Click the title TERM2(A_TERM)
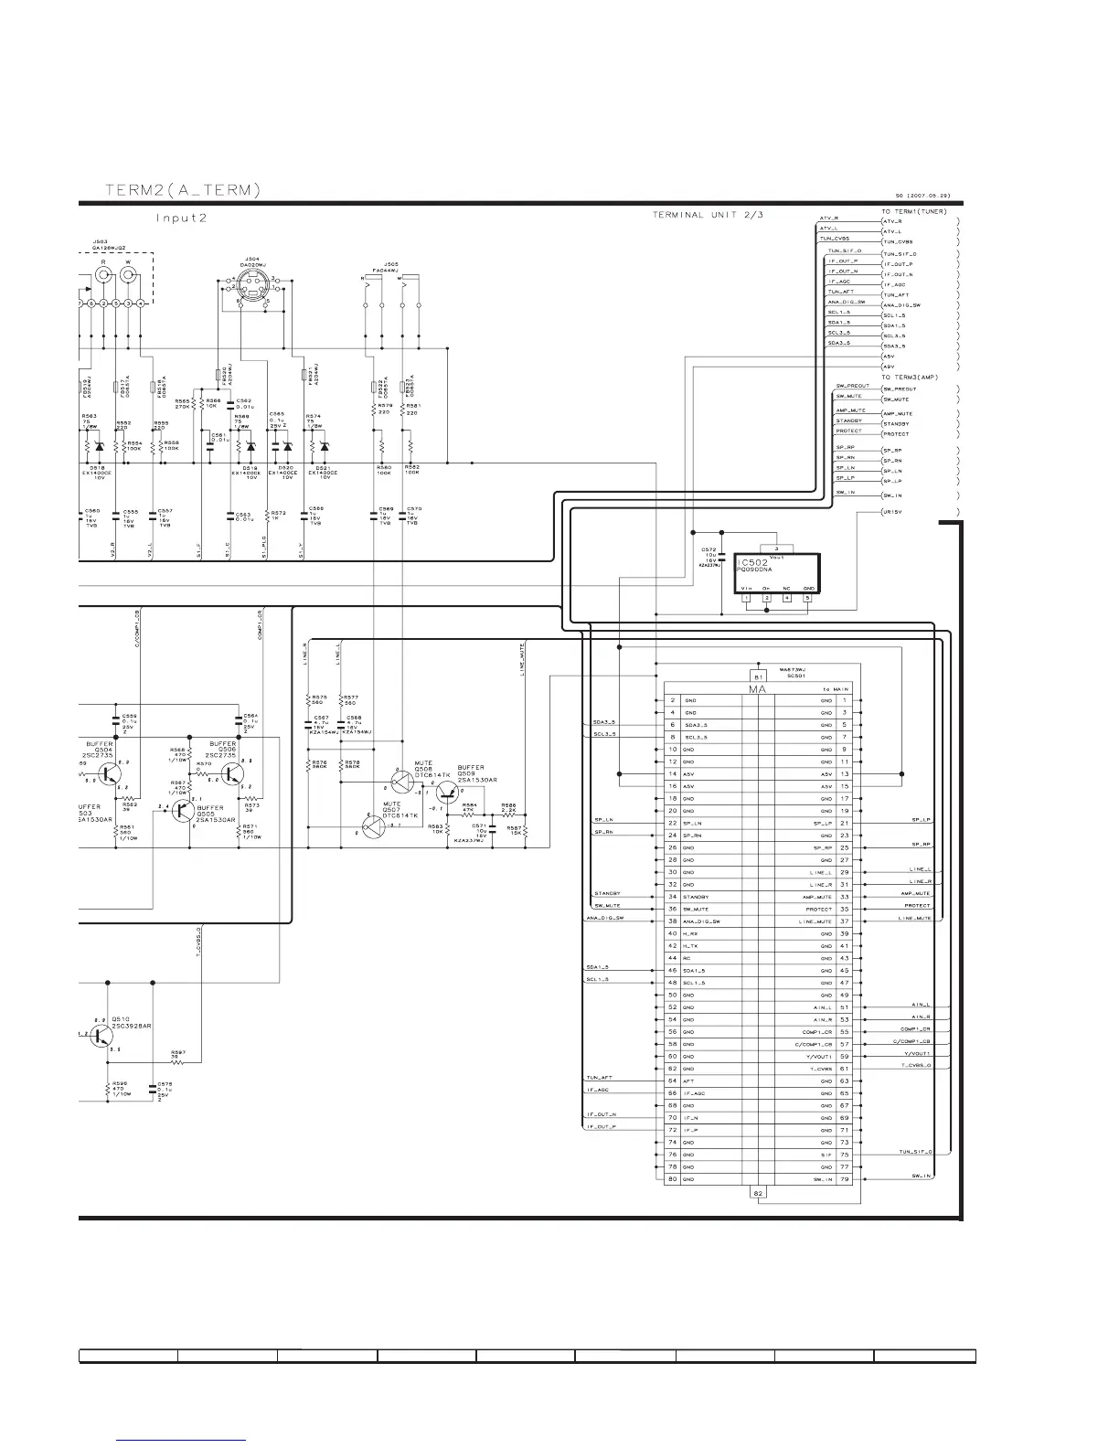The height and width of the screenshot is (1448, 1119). click(x=183, y=190)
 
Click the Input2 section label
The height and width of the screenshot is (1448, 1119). click(x=182, y=218)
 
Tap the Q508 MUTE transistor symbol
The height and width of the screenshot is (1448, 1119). click(x=401, y=781)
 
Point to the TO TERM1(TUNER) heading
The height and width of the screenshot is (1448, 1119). click(x=913, y=211)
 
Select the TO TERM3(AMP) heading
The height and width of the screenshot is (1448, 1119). click(x=910, y=378)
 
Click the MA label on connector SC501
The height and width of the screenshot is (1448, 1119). click(x=757, y=688)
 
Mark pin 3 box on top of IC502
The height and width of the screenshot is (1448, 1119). click(x=776, y=548)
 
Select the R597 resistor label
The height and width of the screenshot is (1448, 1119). click(x=178, y=1053)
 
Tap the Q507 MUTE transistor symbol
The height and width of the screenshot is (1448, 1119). click(x=372, y=827)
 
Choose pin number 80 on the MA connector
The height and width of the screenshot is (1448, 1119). click(x=672, y=1179)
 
